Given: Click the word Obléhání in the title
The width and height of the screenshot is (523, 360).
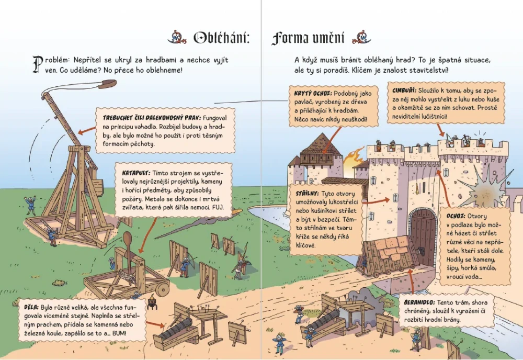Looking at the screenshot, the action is [x=221, y=38].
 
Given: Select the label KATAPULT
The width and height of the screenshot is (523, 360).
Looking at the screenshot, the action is [x=136, y=173].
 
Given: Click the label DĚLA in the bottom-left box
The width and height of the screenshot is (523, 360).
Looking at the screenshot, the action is [x=31, y=307].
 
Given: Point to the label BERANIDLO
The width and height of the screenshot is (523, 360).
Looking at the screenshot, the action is [x=419, y=302].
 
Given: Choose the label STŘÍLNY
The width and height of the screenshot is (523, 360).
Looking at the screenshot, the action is [x=307, y=194].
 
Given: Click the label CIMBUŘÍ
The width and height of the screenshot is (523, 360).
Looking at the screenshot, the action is [x=404, y=91].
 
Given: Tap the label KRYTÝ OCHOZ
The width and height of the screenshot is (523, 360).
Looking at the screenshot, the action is [x=313, y=94].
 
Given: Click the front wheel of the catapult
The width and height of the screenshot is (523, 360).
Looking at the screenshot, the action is [x=163, y=288].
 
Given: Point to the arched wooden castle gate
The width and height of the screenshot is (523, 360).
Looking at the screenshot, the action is [x=423, y=237].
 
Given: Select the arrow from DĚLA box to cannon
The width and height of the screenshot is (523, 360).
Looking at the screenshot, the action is [x=155, y=324].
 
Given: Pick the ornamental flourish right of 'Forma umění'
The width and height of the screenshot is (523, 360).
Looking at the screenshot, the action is [x=361, y=37].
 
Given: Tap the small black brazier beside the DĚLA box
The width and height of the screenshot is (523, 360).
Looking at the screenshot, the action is [x=152, y=302].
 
